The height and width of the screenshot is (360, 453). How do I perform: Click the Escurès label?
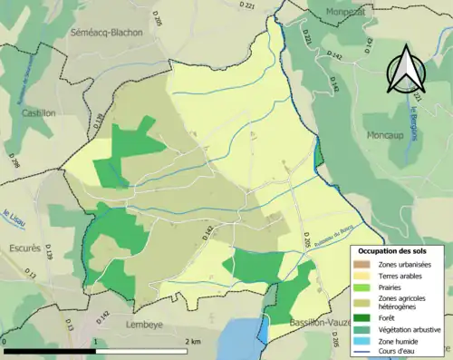point(21,247)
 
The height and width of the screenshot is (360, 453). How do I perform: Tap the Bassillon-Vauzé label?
point(308,323)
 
